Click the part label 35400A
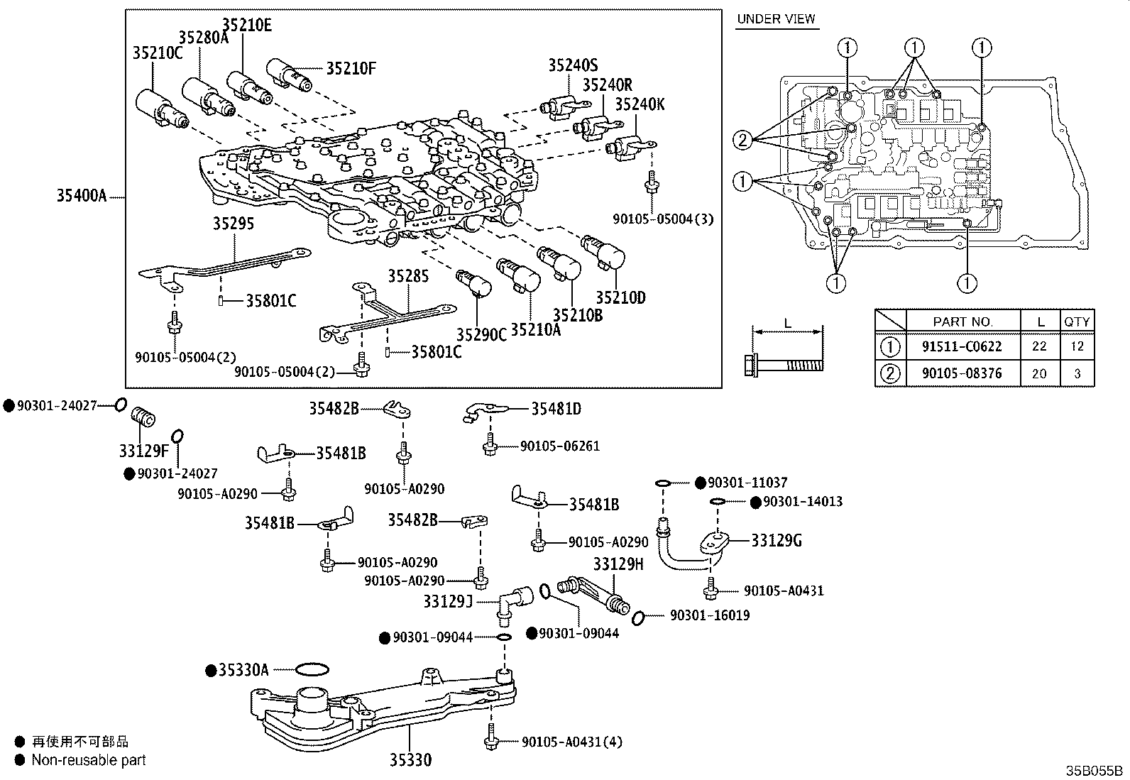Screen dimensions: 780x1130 81,195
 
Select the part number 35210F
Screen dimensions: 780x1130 351,68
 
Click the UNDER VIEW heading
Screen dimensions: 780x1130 776,19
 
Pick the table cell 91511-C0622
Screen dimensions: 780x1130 962,346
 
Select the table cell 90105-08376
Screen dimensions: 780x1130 962,373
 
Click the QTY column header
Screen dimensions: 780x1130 1076,321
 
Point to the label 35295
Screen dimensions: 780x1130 234,224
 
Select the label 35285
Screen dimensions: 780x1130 408,276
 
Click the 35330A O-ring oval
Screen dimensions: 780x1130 311,669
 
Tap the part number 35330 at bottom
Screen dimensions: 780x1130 410,760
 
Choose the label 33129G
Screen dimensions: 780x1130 777,541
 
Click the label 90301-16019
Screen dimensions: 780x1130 709,615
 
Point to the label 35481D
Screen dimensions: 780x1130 556,409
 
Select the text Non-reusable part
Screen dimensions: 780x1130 89,760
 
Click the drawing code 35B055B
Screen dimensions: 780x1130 1094,771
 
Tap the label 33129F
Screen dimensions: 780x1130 143,451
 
